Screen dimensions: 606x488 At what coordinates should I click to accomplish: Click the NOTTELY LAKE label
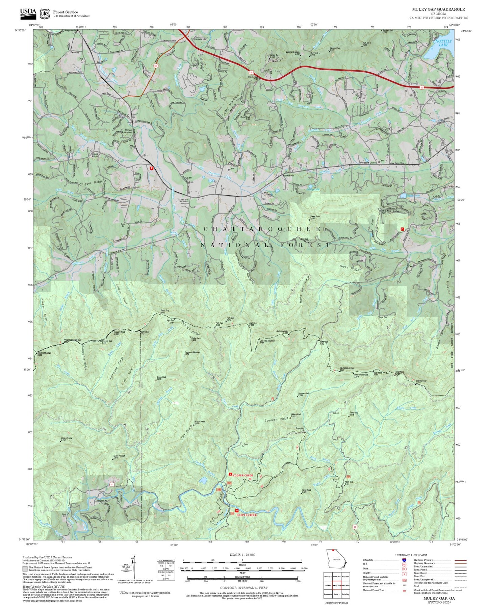pyautogui.click(x=443, y=43)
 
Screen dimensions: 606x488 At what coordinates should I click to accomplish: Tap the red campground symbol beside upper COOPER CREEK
pyautogui.click(x=230, y=475)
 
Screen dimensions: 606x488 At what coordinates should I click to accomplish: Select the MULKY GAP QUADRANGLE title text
pyautogui.click(x=438, y=9)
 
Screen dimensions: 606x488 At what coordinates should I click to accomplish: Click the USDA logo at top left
pyautogui.click(x=28, y=12)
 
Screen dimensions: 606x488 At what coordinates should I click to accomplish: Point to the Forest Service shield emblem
pyautogui.click(x=45, y=14)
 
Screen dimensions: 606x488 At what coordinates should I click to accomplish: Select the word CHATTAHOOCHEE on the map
pyautogui.click(x=262, y=229)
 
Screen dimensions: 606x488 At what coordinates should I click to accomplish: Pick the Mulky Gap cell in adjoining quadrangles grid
pyautogui.click(x=336, y=585)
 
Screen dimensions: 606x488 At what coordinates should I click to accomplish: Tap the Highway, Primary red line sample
pyautogui.click(x=460, y=560)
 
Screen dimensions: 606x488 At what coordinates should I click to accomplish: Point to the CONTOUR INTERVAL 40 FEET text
pyautogui.click(x=243, y=588)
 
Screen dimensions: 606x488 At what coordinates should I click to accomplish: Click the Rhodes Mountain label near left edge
pyautogui.click(x=45, y=353)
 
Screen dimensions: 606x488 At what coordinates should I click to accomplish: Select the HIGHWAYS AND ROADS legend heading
pyautogui.click(x=411, y=555)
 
